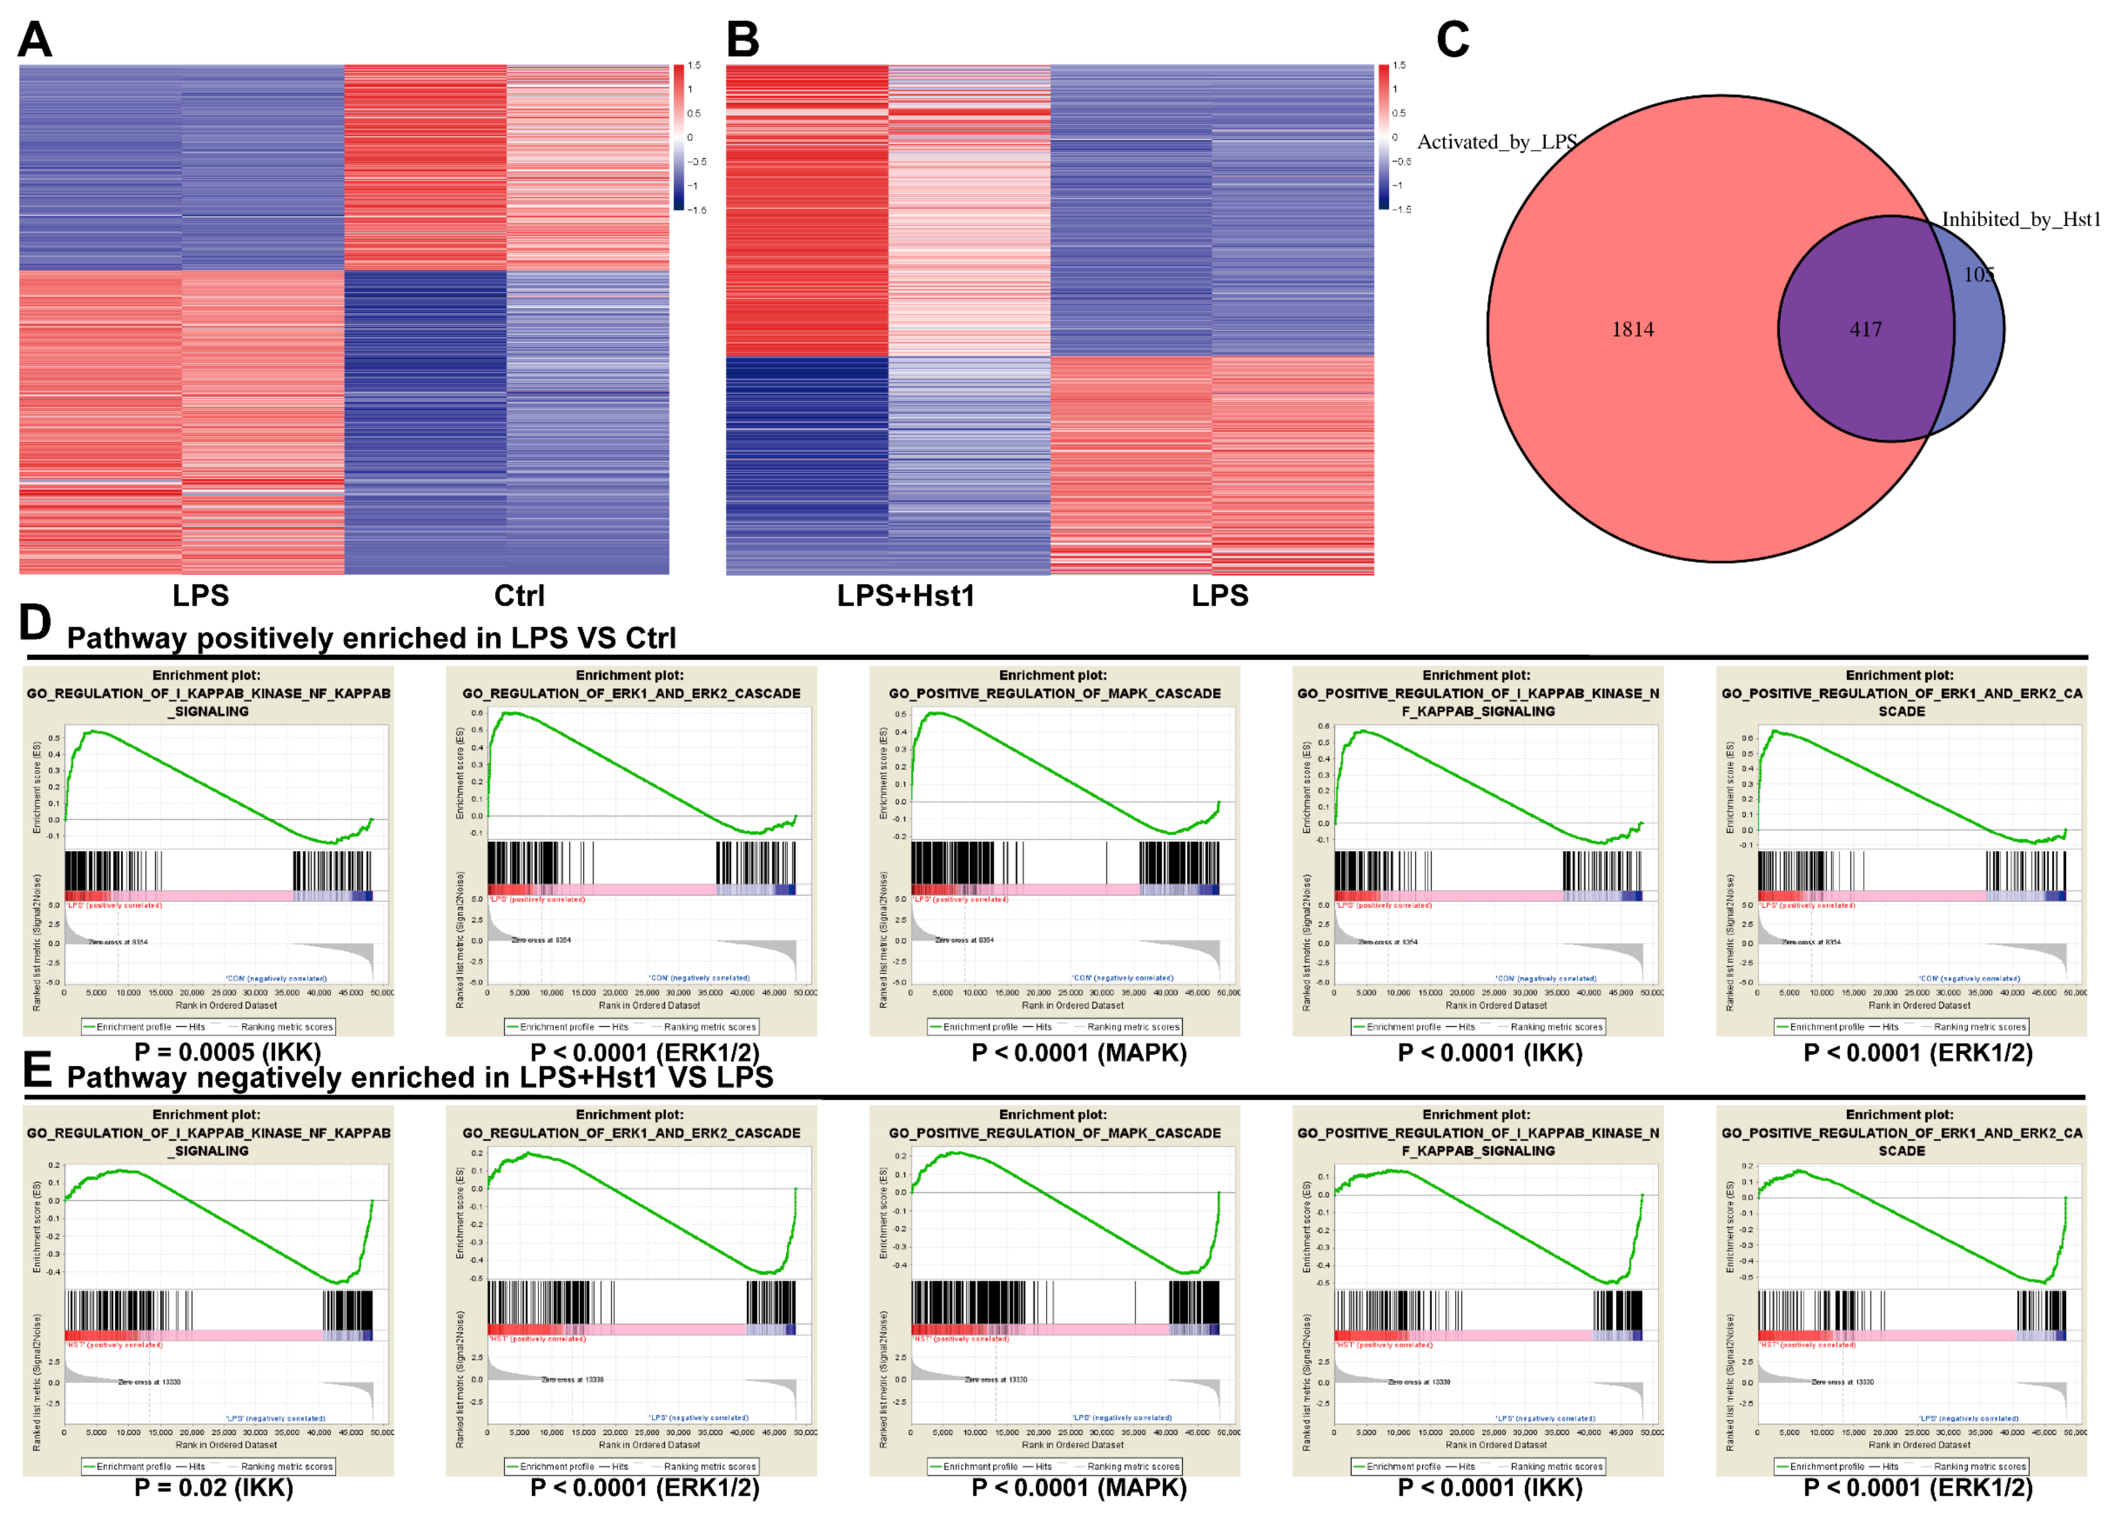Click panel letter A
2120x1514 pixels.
coord(35,39)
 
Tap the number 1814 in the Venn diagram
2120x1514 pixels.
coord(1633,329)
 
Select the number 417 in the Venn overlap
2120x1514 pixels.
coord(1866,329)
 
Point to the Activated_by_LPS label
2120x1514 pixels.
coord(1496,142)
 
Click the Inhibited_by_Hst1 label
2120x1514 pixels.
coord(2021,219)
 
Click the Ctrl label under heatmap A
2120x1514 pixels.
coord(519,596)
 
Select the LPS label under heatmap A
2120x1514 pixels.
coord(200,596)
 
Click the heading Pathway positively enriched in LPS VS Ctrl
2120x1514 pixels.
coord(371,638)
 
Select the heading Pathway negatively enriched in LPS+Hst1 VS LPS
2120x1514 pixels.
coord(419,1078)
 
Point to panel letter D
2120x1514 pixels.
coord(35,623)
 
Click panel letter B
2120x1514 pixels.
coord(742,39)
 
